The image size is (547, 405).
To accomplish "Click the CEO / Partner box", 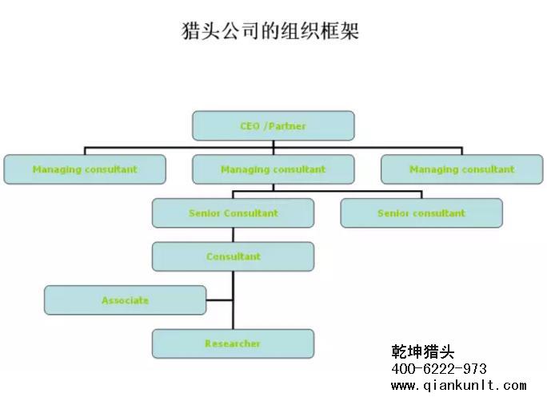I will (x=273, y=126).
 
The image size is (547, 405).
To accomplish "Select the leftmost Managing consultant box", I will (x=85, y=169).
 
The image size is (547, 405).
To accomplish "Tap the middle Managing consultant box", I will (x=273, y=169).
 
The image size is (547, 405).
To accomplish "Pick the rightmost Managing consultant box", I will (x=461, y=169).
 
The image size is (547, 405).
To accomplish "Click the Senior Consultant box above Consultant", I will (x=234, y=213).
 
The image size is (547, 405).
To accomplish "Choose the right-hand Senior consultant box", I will (x=421, y=213).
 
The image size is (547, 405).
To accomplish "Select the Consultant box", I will (x=234, y=256).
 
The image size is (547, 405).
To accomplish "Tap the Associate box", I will (x=125, y=300).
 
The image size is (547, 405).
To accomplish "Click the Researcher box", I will (x=234, y=343).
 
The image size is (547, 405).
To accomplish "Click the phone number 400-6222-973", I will (x=439, y=369).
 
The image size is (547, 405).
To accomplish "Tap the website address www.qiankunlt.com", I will (x=458, y=386).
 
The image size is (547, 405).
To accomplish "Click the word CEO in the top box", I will (x=250, y=126).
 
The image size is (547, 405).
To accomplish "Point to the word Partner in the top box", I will (x=288, y=126).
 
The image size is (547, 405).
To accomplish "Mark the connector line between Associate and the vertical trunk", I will (x=220, y=300).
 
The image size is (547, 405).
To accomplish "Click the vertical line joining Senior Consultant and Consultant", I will (x=234, y=235).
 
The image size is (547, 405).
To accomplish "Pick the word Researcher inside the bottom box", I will (x=233, y=343).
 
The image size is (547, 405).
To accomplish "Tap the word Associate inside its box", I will (x=125, y=300).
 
